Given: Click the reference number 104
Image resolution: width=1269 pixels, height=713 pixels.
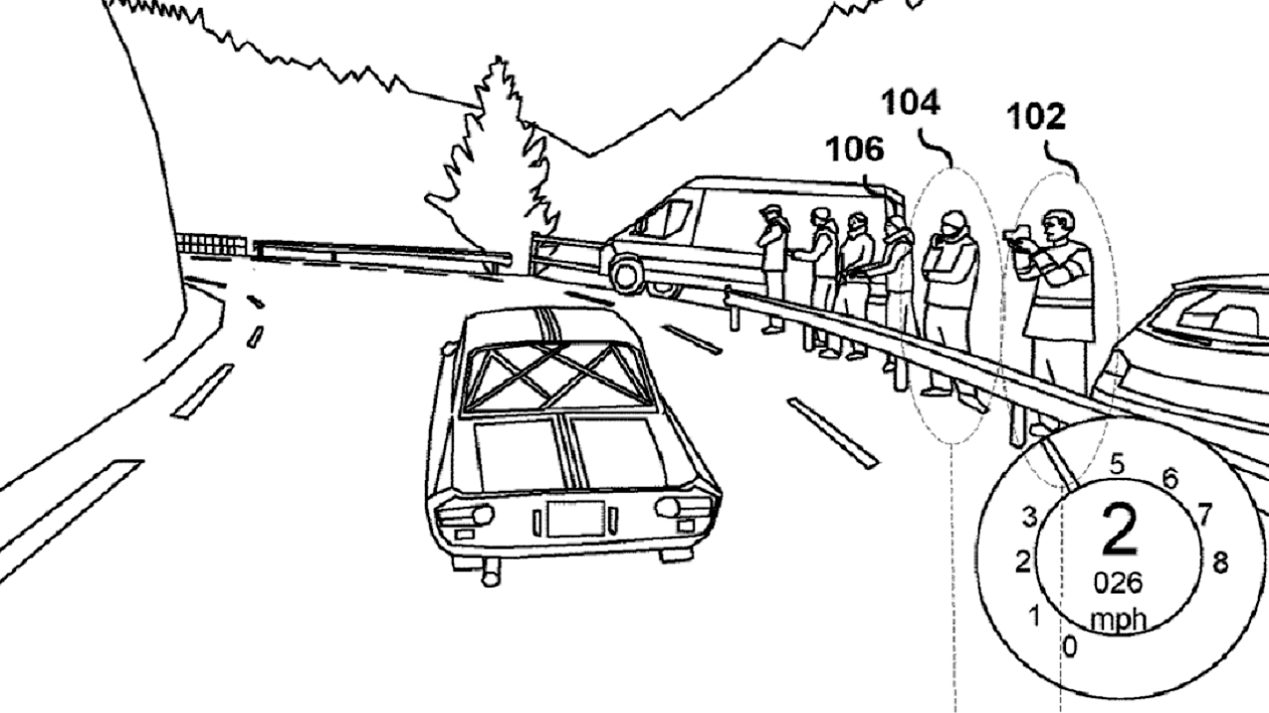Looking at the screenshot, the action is click(911, 104).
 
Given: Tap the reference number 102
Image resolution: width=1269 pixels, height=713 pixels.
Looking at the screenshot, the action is click(1036, 118).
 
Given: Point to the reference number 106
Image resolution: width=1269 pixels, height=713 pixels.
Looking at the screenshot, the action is click(854, 149).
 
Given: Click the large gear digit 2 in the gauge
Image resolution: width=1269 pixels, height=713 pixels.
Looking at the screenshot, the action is click(1120, 530).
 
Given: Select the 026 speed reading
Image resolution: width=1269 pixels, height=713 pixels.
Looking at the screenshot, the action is click(1118, 584).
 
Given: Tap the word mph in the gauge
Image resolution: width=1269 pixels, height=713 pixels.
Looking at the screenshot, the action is click(1118, 619).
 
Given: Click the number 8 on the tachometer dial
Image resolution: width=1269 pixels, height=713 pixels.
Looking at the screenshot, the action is click(1220, 563).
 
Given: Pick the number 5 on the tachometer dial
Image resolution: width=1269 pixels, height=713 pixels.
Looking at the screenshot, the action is click(1117, 464).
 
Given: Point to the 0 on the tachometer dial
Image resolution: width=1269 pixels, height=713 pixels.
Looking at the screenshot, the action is click(1070, 646).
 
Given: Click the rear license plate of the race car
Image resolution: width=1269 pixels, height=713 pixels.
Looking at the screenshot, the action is click(575, 519).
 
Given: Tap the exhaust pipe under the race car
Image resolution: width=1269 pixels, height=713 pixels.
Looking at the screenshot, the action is click(491, 572).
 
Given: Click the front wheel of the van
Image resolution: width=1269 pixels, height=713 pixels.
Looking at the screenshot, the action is click(625, 276).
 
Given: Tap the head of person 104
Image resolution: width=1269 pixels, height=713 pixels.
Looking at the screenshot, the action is click(953, 225).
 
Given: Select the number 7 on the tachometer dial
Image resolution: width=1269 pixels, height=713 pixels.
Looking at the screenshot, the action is click(1203, 514).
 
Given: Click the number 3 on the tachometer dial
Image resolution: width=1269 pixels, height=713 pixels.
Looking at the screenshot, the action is click(1029, 517).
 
